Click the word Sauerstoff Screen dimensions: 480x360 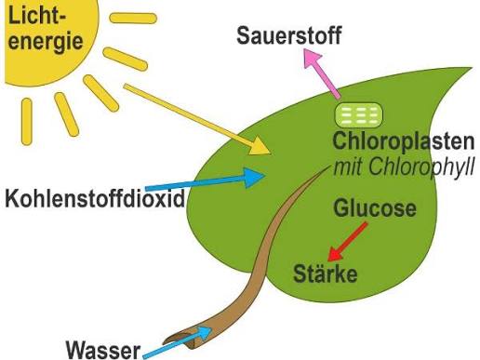[289, 35]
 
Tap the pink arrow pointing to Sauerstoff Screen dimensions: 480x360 [322, 73]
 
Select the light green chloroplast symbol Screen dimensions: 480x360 [358, 114]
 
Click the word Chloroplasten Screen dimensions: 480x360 [404, 141]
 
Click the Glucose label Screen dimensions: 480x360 [375, 208]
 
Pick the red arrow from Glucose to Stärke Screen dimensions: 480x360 [348, 242]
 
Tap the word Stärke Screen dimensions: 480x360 [326, 273]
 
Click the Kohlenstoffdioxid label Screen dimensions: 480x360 [95, 198]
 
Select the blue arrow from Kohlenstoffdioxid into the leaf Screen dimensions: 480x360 [206, 180]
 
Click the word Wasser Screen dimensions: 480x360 [103, 351]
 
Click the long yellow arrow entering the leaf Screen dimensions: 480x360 [197, 119]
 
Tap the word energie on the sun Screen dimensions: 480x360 [46, 42]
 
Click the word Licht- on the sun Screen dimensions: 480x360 [37, 15]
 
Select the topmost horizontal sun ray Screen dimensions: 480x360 [133, 18]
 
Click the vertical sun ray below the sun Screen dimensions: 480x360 [27, 122]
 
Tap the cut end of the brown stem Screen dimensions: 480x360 [180, 340]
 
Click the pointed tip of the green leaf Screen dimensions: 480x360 [471, 68]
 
